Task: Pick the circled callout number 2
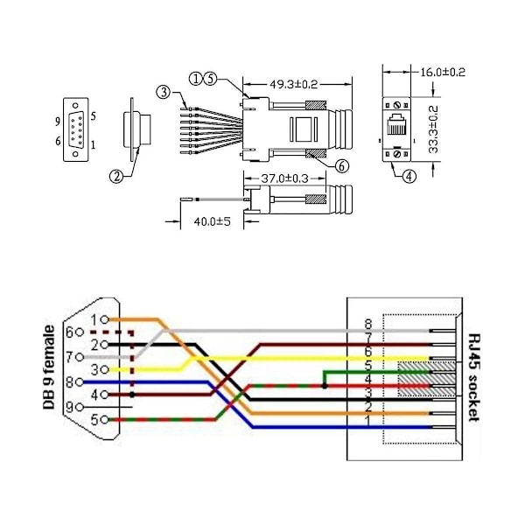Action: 115,175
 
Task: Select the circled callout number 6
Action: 342,164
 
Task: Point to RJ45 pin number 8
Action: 368,324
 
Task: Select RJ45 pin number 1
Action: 368,421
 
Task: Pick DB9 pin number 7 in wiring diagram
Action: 93,357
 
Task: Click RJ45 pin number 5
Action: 368,365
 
